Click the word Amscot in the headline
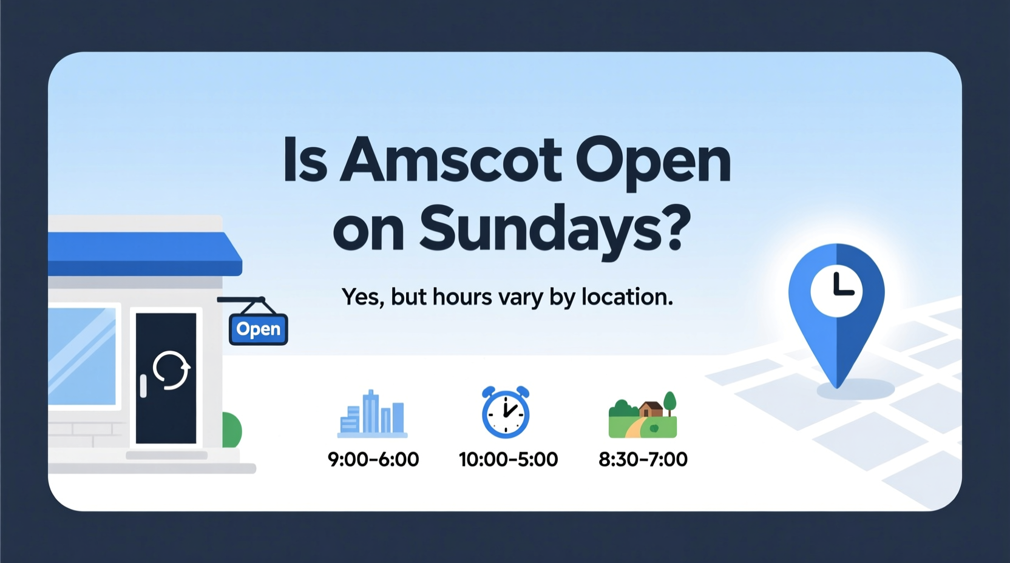point(450,160)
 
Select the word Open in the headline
point(653,161)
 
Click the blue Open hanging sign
point(259,329)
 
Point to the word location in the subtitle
point(627,297)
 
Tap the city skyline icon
point(372,414)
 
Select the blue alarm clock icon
point(506,412)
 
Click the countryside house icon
point(643,416)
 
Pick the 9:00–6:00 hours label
point(373,459)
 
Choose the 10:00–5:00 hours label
point(508,459)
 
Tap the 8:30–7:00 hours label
point(643,459)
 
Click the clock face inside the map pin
point(836,290)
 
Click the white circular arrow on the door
point(171,370)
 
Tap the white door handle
point(143,386)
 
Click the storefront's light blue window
point(82,356)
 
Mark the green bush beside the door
point(232,430)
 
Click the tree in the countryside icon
point(669,402)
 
